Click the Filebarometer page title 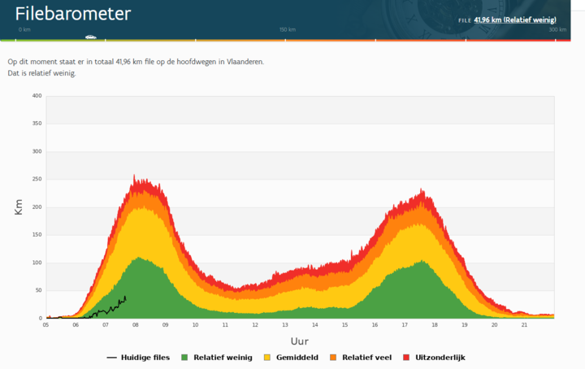point(73,14)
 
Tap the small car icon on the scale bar point(90,37)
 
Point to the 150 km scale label point(288,29)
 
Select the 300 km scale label point(557,29)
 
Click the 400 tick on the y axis point(36,96)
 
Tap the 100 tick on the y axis point(36,263)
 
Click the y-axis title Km point(19,207)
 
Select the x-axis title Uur point(300,341)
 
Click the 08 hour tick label point(136,325)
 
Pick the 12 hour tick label point(255,325)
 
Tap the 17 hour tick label point(405,325)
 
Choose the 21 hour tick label point(524,325)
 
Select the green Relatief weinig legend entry point(216,358)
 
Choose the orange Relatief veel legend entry point(364,358)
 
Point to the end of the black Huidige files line point(126,297)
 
